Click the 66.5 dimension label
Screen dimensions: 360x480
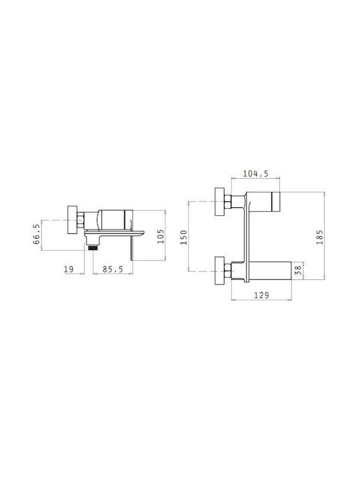pos(37,234)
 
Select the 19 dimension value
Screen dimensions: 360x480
pos(69,269)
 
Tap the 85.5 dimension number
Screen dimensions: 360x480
pos(113,269)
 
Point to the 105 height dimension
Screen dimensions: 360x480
pos(161,236)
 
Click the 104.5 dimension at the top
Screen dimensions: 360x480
pos(255,173)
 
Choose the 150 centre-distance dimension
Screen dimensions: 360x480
pos(184,237)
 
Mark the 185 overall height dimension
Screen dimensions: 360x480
pos(319,237)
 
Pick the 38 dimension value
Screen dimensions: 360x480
pos(297,270)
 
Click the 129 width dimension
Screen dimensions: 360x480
pos(261,295)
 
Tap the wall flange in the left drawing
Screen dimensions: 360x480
pos(72,220)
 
